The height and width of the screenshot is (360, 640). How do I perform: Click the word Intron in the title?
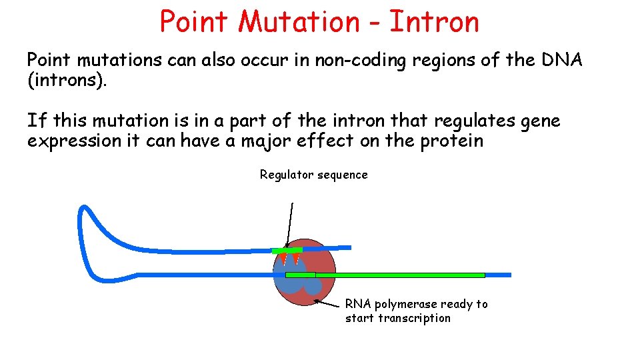434,22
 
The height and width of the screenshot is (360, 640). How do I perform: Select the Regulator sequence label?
313,175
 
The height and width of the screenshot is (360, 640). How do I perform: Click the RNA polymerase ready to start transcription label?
416,311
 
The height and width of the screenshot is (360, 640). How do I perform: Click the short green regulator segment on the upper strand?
287,250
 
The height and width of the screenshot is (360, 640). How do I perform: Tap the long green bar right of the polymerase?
400,275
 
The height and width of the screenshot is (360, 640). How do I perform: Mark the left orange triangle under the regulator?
283,257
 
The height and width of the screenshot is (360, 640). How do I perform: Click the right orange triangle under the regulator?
295,257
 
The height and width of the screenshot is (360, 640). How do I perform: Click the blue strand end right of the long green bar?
499,275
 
